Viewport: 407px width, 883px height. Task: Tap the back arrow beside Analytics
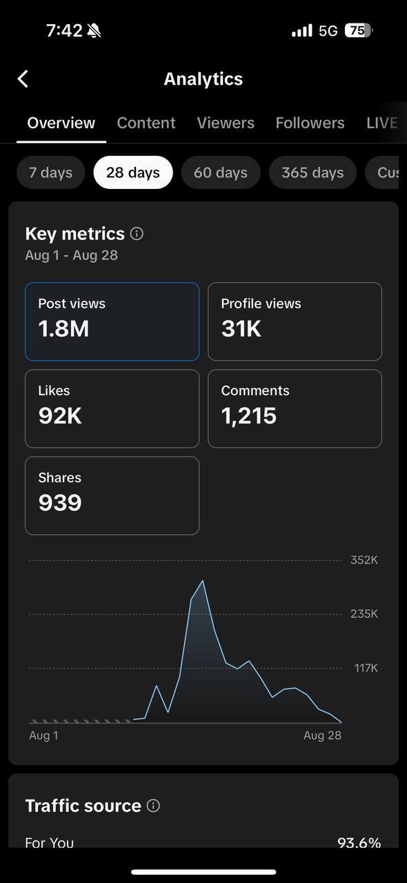pyautogui.click(x=23, y=79)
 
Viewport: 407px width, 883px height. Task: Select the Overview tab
pyautogui.click(x=61, y=123)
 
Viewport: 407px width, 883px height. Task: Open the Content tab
pyautogui.click(x=146, y=123)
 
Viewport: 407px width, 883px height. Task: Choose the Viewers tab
pyautogui.click(x=226, y=123)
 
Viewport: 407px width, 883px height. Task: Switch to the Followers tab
pyautogui.click(x=310, y=123)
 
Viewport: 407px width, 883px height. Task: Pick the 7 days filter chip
pyautogui.click(x=50, y=172)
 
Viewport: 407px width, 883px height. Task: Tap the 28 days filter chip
pyautogui.click(x=133, y=172)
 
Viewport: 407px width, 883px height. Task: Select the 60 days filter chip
pyautogui.click(x=221, y=172)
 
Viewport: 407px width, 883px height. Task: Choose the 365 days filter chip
pyautogui.click(x=312, y=172)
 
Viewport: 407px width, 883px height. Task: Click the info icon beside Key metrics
pyautogui.click(x=137, y=234)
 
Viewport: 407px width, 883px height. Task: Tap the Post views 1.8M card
pyautogui.click(x=112, y=321)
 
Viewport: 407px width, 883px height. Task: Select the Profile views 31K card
pyautogui.click(x=295, y=321)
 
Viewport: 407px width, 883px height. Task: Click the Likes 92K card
pyautogui.click(x=112, y=408)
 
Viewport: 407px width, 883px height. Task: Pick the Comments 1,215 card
pyautogui.click(x=295, y=408)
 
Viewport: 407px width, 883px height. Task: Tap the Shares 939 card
pyautogui.click(x=112, y=495)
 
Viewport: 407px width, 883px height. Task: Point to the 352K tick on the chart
pyautogui.click(x=364, y=560)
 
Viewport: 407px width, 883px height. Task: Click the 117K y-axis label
pyautogui.click(x=366, y=668)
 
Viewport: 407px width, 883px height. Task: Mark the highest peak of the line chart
pyautogui.click(x=202, y=581)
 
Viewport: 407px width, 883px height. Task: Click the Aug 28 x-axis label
pyautogui.click(x=322, y=735)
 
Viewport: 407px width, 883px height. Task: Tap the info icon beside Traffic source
pyautogui.click(x=153, y=806)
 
